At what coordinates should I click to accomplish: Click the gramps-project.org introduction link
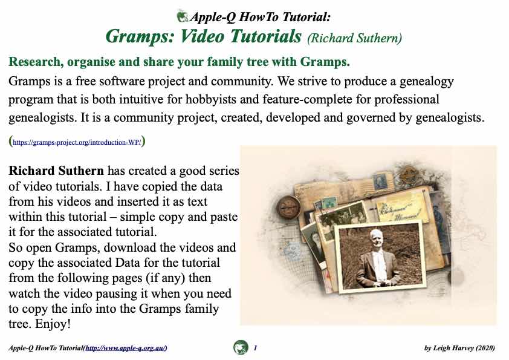coord(77,142)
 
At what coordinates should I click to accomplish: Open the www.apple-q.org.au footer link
coord(126,348)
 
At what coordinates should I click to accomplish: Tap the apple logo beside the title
coord(183,16)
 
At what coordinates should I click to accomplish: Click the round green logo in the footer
coord(241,347)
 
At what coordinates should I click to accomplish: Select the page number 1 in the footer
coord(255,348)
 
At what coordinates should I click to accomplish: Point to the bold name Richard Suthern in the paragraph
coord(56,171)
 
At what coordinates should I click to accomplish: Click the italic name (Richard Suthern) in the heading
coord(354,38)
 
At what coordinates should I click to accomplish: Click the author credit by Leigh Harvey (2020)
coord(459,348)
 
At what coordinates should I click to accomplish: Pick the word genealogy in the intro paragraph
coord(427,82)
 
